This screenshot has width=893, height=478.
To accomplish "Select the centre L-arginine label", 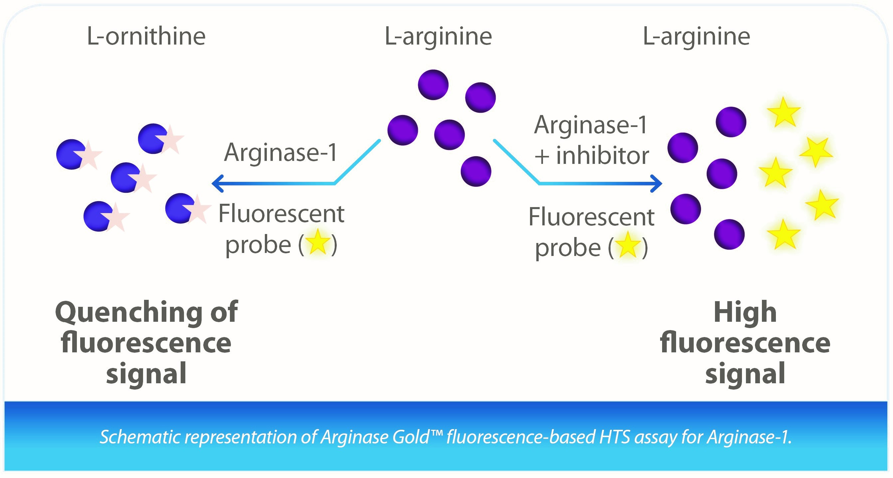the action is pyautogui.click(x=438, y=37).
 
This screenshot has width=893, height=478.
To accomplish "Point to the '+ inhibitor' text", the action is pyautogui.click(x=592, y=156).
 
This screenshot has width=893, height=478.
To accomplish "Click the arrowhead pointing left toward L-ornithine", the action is pyautogui.click(x=218, y=183).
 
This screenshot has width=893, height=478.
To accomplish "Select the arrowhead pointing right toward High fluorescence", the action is pyautogui.click(x=656, y=183).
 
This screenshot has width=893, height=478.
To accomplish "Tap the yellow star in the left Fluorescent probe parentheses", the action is pyautogui.click(x=317, y=242).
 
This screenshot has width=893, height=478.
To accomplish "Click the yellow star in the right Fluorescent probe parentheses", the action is pyautogui.click(x=628, y=245).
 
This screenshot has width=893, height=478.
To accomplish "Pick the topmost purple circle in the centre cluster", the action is pyautogui.click(x=433, y=85).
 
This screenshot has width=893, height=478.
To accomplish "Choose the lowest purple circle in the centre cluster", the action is pyautogui.click(x=476, y=172).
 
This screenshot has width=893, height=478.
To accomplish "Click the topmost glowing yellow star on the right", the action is pyautogui.click(x=784, y=112).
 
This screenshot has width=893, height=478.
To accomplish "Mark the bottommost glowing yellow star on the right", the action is pyautogui.click(x=784, y=234).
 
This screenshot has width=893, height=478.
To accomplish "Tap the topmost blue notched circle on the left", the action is pyautogui.click(x=152, y=139).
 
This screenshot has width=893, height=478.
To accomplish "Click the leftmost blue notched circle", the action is pyautogui.click(x=71, y=155).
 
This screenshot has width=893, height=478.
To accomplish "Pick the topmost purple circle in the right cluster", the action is pyautogui.click(x=731, y=122).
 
